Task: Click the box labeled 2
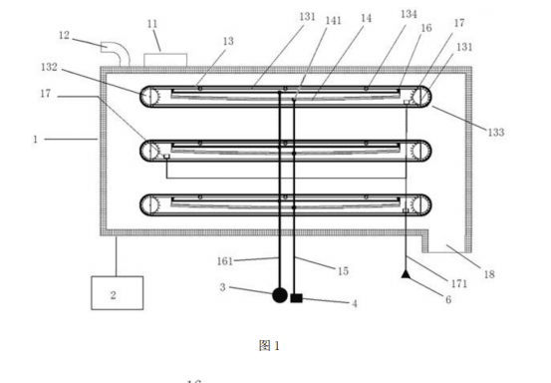click(117, 293)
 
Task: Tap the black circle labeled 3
click(280, 295)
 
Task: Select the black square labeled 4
click(296, 298)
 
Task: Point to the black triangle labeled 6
click(406, 274)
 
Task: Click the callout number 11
click(152, 24)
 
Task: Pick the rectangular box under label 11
click(165, 60)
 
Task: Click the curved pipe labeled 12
click(116, 53)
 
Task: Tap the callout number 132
click(49, 67)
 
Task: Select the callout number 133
click(496, 133)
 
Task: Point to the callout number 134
click(409, 14)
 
